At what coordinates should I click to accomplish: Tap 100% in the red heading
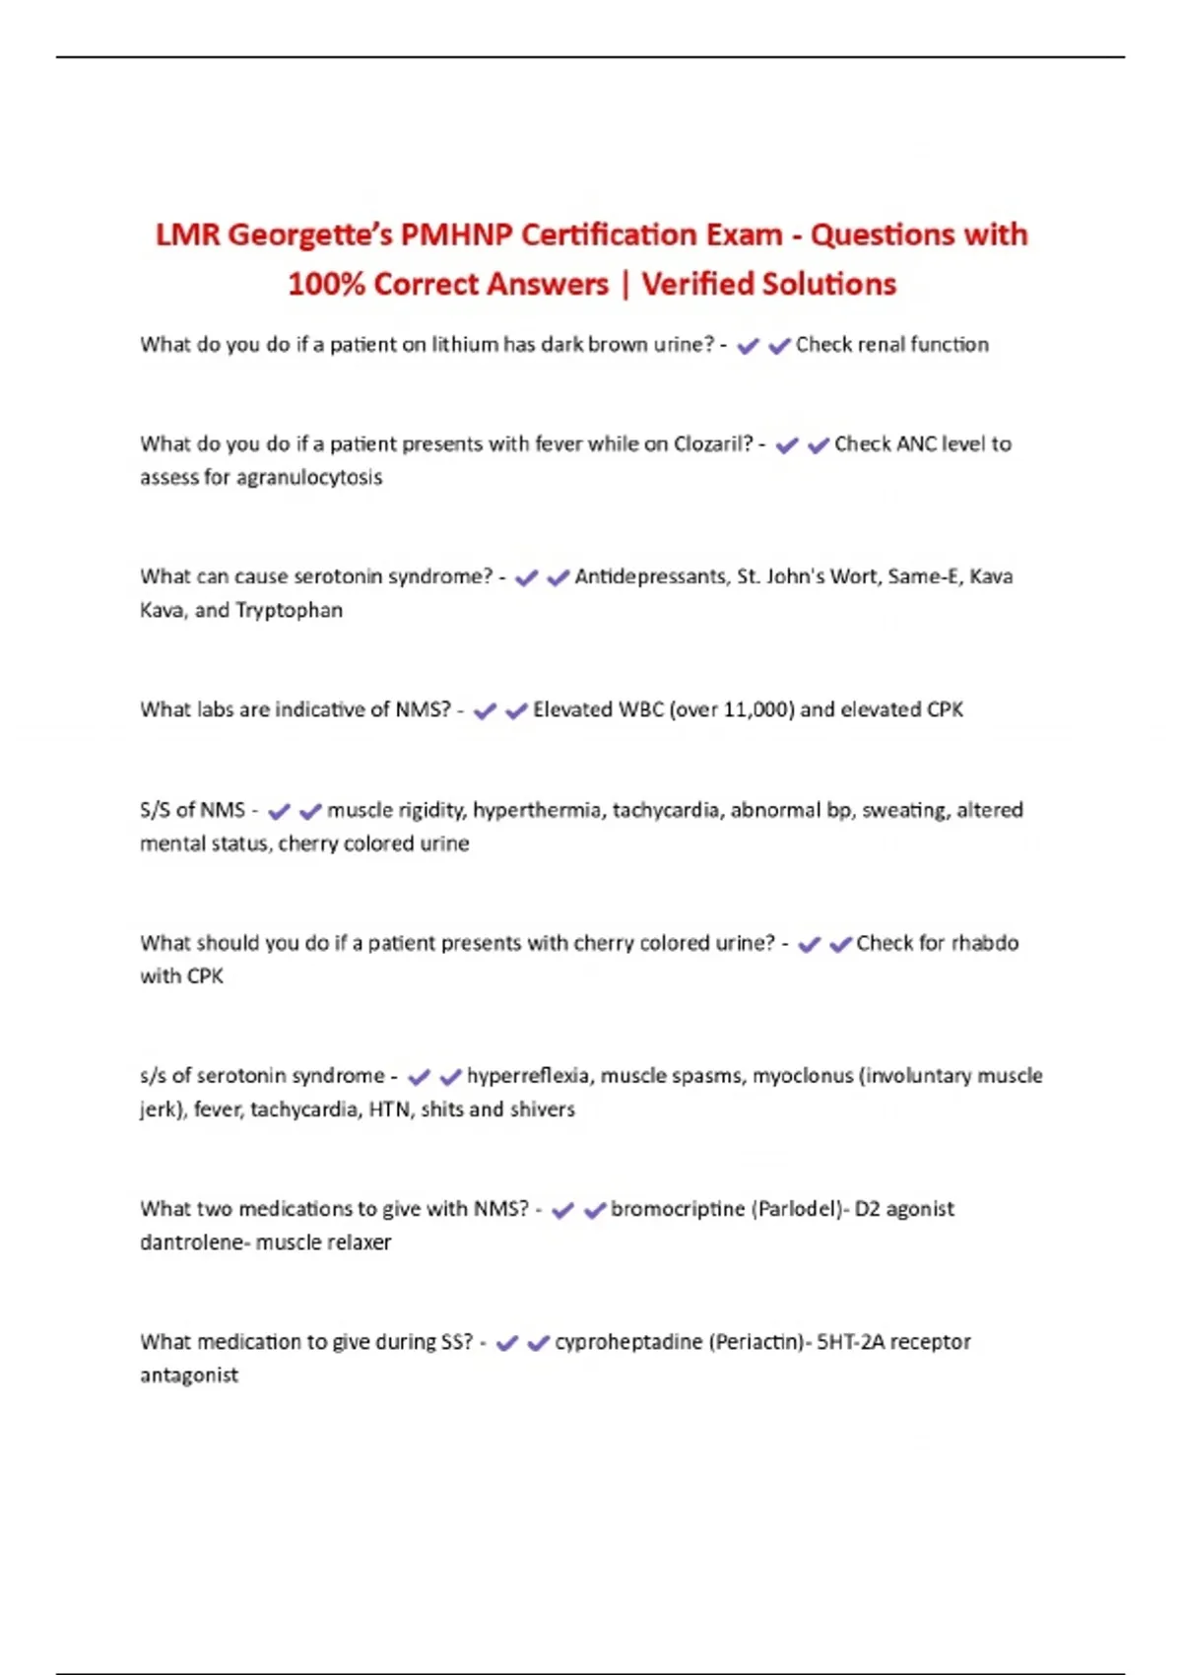pyautogui.click(x=326, y=284)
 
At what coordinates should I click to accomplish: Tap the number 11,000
pyautogui.click(x=757, y=710)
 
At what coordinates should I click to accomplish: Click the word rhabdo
pyautogui.click(x=985, y=943)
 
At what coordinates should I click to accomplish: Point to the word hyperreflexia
pyautogui.click(x=529, y=1076)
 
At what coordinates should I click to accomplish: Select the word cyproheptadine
pyautogui.click(x=628, y=1342)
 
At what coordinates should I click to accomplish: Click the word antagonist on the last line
pyautogui.click(x=189, y=1375)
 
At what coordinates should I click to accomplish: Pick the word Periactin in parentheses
pyautogui.click(x=756, y=1342)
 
